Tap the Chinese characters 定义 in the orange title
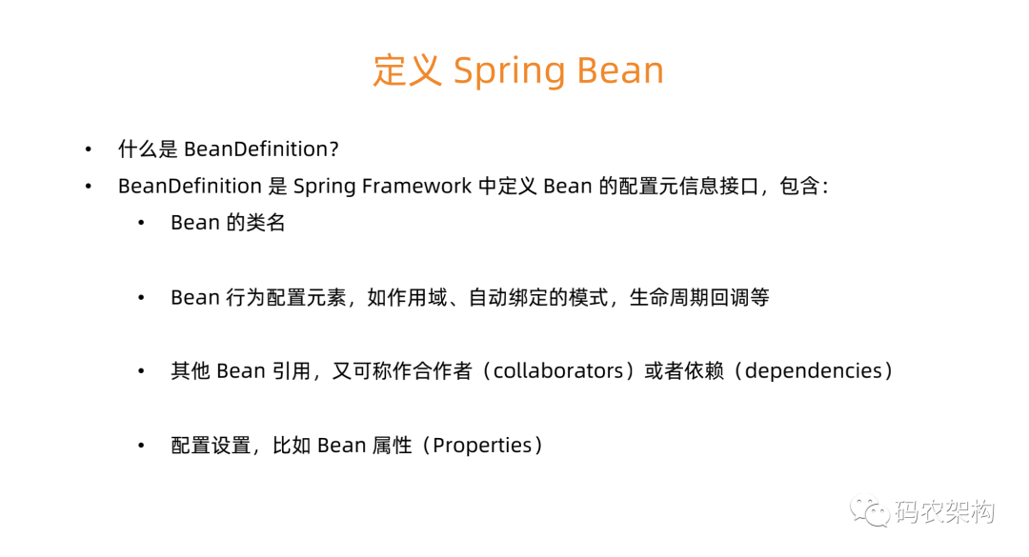coord(407,70)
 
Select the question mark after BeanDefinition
coord(334,149)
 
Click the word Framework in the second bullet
coord(416,187)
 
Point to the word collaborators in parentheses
coord(557,370)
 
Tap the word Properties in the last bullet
coord(482,447)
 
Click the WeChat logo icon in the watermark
coord(870,510)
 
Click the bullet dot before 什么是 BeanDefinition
coord(89,150)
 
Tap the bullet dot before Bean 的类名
coord(141,224)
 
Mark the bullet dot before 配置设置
coord(141,447)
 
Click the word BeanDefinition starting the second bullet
coord(190,187)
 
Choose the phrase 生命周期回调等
coord(699,298)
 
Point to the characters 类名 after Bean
coord(266,223)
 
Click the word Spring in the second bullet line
coord(324,188)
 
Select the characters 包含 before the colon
coord(799,187)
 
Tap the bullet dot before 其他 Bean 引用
coord(141,372)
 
